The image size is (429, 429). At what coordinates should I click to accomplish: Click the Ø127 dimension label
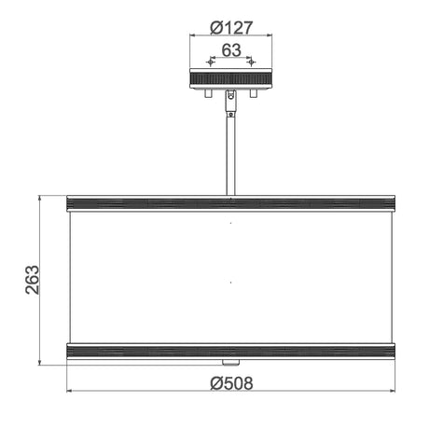click(x=231, y=28)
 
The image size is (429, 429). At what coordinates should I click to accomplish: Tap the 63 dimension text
click(x=231, y=50)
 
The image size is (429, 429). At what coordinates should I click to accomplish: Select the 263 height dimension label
click(x=33, y=280)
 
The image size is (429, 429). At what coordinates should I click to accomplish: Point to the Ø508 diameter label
click(x=231, y=383)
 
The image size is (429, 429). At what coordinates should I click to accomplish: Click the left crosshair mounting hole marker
click(x=211, y=62)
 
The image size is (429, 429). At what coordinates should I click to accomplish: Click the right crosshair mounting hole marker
click(x=251, y=62)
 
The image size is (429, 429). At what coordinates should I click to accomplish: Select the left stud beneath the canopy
click(x=209, y=93)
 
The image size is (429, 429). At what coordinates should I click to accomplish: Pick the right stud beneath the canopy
click(x=254, y=93)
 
